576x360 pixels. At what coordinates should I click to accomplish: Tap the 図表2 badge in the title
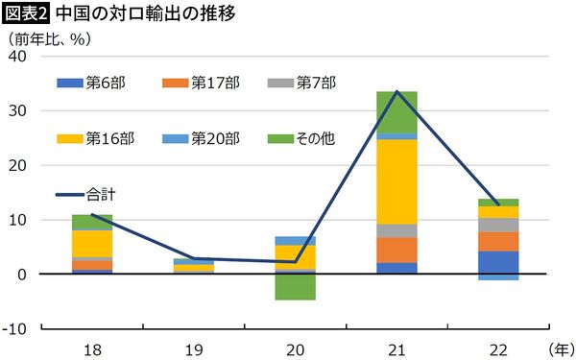(26, 14)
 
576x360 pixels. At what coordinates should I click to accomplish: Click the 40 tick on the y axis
(17, 57)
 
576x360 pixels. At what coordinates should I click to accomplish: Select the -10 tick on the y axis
(14, 329)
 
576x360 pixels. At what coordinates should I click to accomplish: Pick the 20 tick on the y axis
(17, 165)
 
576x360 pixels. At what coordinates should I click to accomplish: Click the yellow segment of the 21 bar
(396, 181)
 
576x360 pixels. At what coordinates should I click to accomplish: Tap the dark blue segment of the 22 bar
(497, 262)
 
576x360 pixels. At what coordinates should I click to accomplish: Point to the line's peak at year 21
(396, 91)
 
